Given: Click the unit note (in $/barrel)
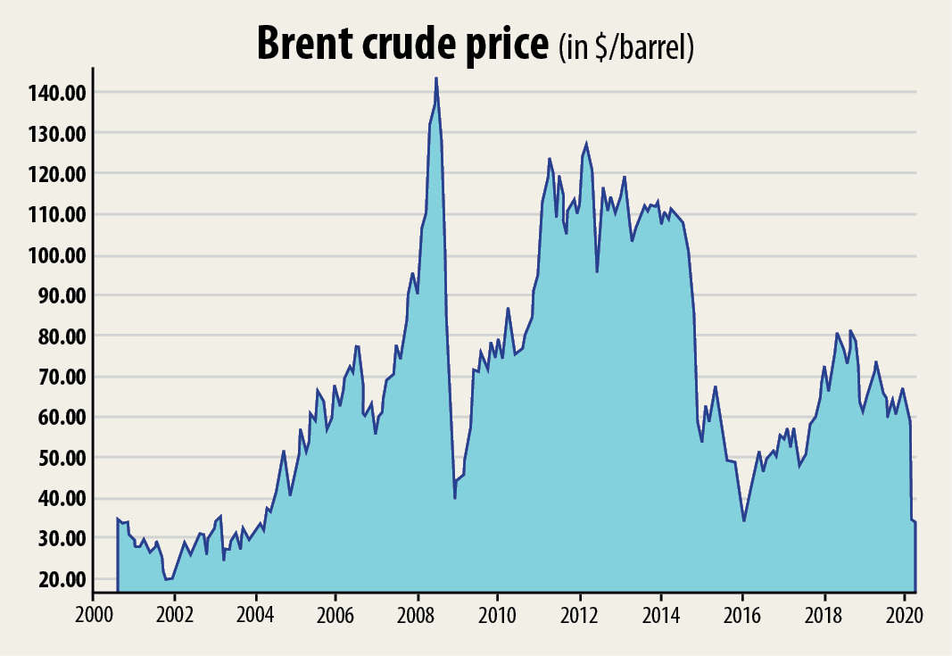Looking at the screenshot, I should [626, 46].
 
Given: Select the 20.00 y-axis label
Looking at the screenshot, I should [62, 579].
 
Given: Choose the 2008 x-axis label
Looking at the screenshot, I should [417, 616].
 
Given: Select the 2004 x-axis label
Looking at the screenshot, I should [254, 616].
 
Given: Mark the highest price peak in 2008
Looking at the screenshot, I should [436, 79].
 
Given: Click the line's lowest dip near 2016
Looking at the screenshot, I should [744, 520].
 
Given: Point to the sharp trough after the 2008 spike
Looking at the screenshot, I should [455, 497].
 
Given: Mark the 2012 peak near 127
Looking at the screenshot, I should [586, 144].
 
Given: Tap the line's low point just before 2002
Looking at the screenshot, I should [165, 579].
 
